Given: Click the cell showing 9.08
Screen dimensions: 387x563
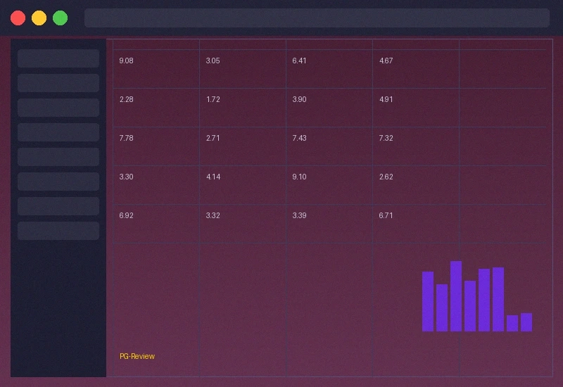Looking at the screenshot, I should (127, 61).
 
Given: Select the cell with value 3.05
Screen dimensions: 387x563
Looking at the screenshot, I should (213, 61).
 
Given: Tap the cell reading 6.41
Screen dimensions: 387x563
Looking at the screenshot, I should (300, 61).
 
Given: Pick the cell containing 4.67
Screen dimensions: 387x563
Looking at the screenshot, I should (386, 61).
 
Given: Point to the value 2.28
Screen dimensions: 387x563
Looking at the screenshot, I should (127, 100).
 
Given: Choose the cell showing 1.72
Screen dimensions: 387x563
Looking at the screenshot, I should (213, 100).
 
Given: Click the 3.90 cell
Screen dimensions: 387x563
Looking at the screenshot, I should (300, 100).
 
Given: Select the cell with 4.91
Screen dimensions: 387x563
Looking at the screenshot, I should (386, 100).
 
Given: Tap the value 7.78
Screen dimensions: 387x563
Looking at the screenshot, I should (127, 139).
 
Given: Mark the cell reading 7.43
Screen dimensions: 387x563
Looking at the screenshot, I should (300, 139).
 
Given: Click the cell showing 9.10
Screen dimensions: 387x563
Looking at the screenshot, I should (300, 177).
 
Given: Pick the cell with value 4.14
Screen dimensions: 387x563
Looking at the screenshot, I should (213, 177).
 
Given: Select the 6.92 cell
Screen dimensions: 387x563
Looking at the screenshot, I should (127, 216).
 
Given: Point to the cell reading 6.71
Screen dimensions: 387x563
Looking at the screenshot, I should (386, 216).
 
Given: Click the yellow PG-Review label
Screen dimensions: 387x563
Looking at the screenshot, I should (137, 357).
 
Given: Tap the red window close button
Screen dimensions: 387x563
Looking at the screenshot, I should (18, 18).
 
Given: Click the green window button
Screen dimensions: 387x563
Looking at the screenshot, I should (61, 18).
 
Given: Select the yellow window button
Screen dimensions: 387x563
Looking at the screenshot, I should (39, 18).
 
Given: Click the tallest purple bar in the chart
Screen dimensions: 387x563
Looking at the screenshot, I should (456, 296).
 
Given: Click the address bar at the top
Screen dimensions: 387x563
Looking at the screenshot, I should (317, 18).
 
